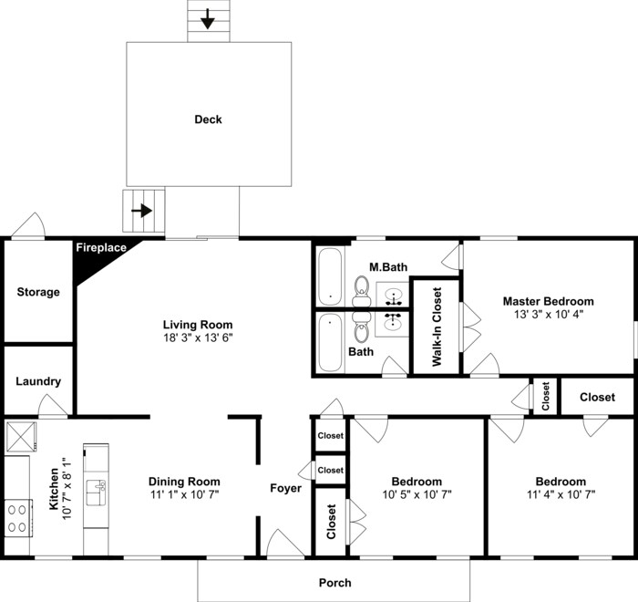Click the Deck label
coord(208,119)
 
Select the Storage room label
coord(38,292)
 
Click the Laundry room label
coord(38,381)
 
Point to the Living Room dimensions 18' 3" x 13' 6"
coord(198,338)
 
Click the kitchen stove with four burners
coord(16,518)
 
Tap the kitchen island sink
coord(96,493)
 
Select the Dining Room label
coord(184,482)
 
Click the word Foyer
coord(285,488)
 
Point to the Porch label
coord(334,582)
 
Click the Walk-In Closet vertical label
coord(436,327)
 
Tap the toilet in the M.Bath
coord(360,290)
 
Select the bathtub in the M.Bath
coord(329,276)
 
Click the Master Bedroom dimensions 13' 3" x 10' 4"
coord(549,314)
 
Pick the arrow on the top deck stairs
coord(208,18)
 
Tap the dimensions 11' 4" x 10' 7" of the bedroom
coord(561,494)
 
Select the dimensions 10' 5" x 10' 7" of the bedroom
coord(417,494)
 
